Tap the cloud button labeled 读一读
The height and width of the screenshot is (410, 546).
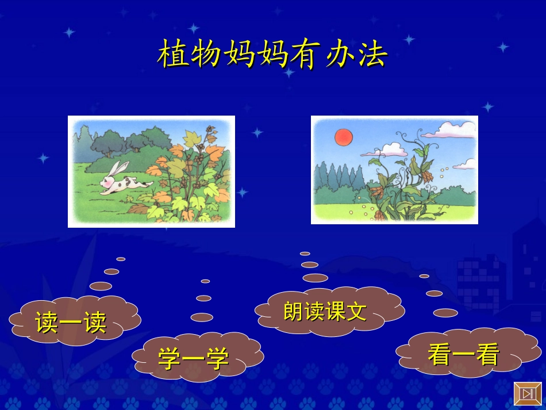coord(71,322)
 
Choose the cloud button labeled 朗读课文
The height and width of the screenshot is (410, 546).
coord(325,311)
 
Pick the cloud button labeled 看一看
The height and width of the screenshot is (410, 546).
coord(463,355)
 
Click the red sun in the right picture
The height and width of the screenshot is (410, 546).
coord(343,137)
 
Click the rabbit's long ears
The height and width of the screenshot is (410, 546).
coord(119,169)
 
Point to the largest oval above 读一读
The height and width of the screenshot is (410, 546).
coord(101,286)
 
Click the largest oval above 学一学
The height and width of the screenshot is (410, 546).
coord(202,317)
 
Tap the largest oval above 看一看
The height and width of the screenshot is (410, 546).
coord(445,313)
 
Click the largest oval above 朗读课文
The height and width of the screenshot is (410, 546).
coord(315,278)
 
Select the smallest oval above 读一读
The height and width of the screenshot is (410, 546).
coord(121,259)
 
